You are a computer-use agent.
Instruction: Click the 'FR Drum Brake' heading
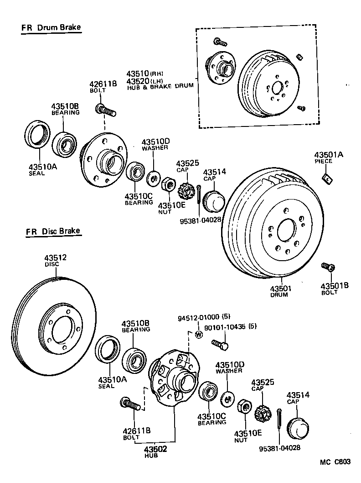point(51,28)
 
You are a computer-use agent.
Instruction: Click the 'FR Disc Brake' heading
point(53,231)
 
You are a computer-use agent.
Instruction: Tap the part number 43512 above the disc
point(56,258)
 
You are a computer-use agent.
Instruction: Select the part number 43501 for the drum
point(280,289)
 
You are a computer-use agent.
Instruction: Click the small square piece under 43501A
point(327,178)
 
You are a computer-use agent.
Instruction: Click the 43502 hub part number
point(156,449)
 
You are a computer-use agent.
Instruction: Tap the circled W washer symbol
point(198,334)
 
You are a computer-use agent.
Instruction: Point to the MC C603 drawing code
point(335,462)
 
